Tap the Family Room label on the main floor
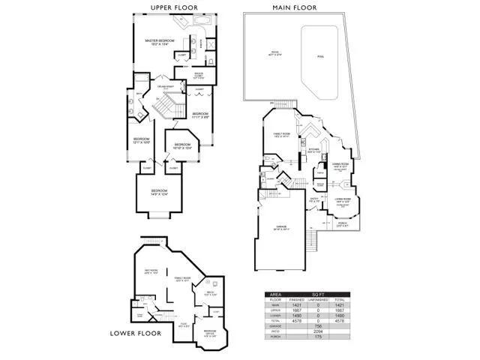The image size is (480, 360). (x=281, y=135)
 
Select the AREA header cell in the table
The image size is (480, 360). (x=276, y=295)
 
